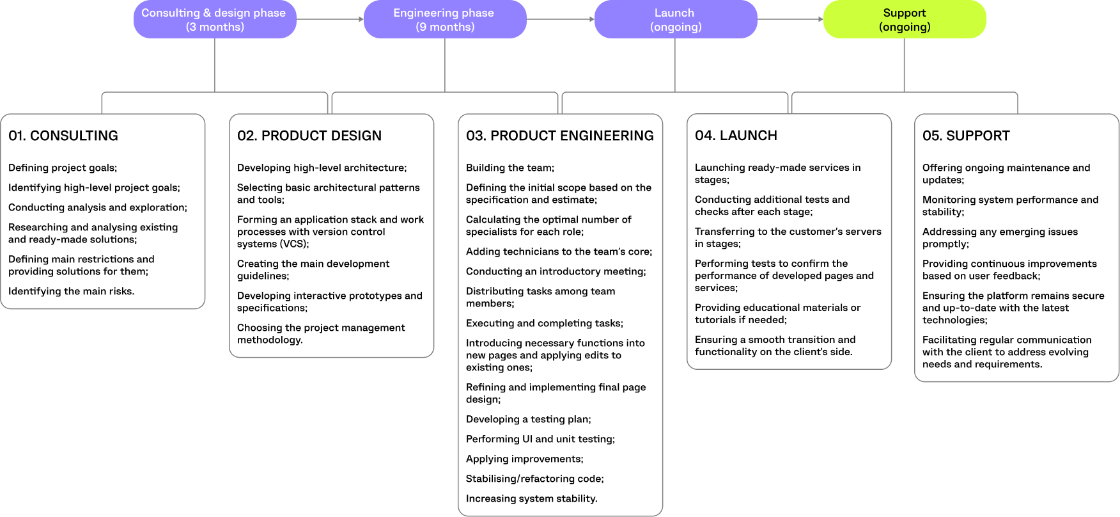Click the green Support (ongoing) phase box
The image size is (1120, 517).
[904, 19]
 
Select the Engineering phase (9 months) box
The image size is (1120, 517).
[444, 19]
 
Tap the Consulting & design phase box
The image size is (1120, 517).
[214, 19]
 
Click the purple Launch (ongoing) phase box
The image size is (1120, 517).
[675, 19]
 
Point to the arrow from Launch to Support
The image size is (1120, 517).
[790, 19]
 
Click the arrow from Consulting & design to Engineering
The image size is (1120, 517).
[330, 19]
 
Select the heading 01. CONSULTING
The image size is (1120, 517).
[63, 136]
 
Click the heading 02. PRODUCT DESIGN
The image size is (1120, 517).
[309, 136]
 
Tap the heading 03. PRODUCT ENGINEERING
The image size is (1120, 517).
[559, 136]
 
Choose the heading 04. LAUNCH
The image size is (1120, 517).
[736, 136]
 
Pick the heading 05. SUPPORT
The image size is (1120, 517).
[966, 136]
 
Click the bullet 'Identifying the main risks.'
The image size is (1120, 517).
[72, 291]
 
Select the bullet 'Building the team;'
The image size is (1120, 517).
[510, 168]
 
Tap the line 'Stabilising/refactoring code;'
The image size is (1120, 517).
[534, 479]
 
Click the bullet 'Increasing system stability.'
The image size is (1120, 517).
[531, 498]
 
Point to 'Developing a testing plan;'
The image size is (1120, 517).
[528, 419]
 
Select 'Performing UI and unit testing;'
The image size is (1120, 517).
[540, 439]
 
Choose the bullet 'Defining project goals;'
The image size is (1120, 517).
[63, 168]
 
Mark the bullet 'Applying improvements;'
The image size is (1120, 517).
[524, 459]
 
